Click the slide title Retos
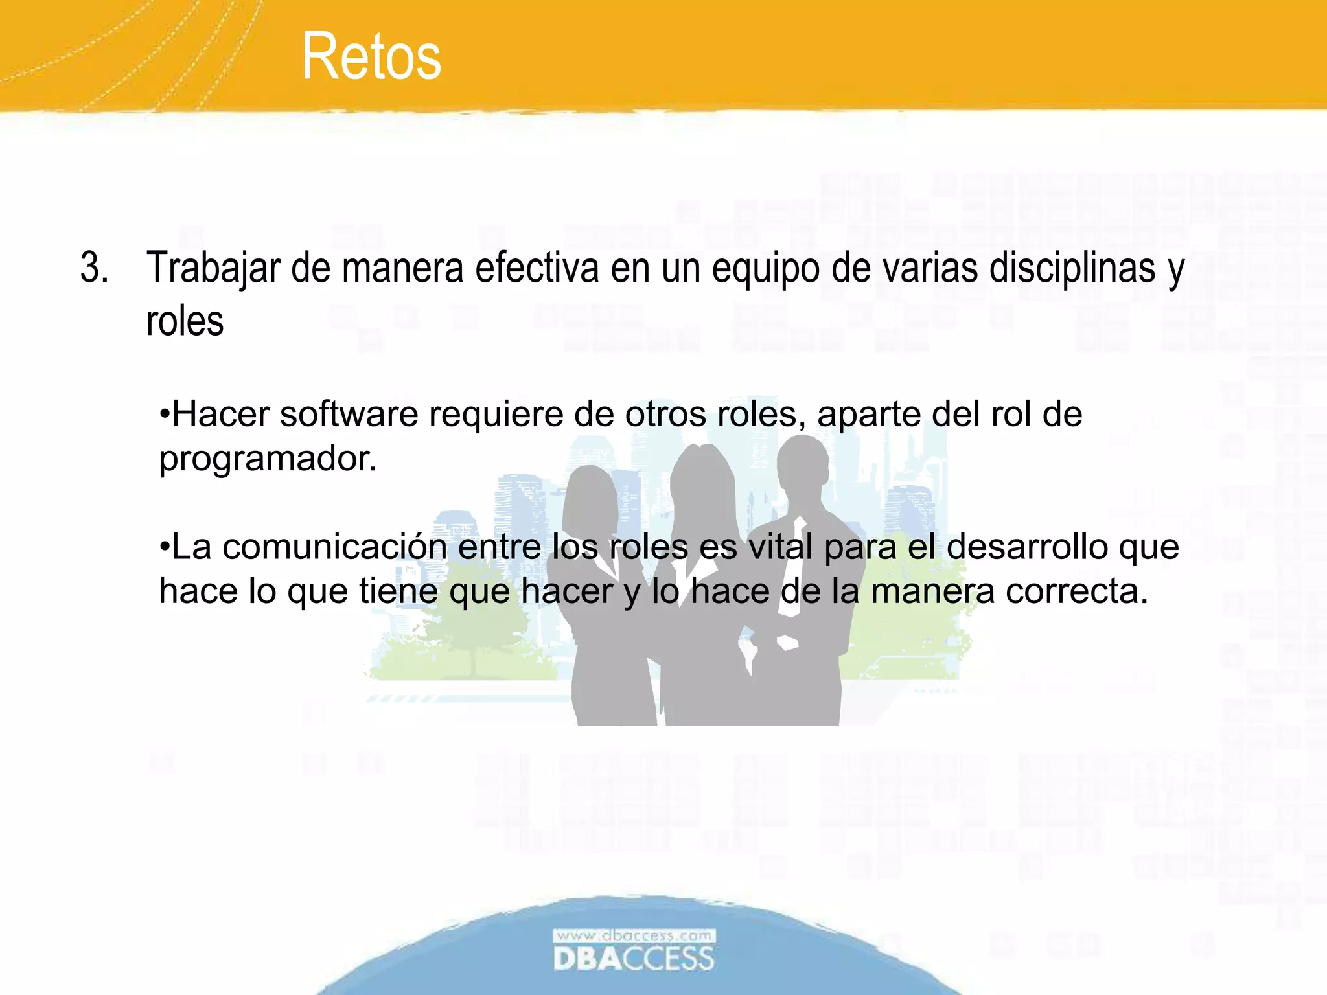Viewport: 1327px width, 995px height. click(371, 57)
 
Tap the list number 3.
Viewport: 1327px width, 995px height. click(94, 268)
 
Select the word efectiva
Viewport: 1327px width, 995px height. click(537, 268)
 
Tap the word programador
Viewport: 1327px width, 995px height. click(268, 460)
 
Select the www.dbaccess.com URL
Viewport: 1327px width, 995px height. click(634, 935)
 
